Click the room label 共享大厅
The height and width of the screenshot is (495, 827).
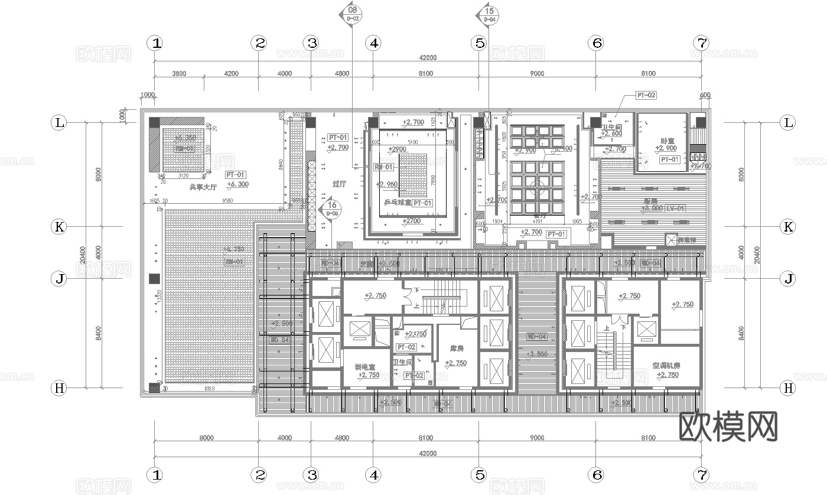(x=203, y=187)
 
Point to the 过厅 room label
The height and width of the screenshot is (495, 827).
(x=339, y=183)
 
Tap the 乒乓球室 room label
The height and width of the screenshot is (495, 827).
(x=397, y=202)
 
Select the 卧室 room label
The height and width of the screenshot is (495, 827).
(x=668, y=141)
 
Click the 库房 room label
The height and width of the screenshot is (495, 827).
(x=457, y=349)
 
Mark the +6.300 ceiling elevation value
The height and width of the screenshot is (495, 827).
(x=237, y=184)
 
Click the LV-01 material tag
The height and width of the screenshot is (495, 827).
(x=676, y=208)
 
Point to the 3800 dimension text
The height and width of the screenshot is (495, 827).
(x=179, y=74)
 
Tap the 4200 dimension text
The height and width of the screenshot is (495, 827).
(x=231, y=74)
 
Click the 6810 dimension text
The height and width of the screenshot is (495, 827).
(x=209, y=389)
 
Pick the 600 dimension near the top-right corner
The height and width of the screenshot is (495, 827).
(x=705, y=95)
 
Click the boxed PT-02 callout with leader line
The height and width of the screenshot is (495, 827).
(x=646, y=95)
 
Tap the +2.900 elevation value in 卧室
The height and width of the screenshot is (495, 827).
(x=667, y=148)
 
